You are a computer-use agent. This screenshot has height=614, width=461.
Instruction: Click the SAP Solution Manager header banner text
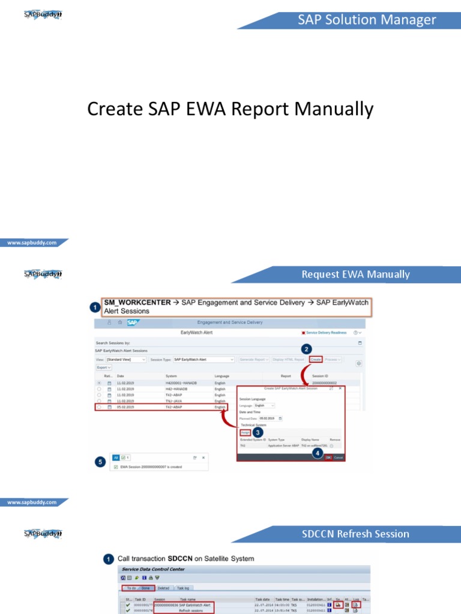(x=367, y=20)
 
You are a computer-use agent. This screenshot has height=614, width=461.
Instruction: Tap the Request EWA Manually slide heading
(x=355, y=275)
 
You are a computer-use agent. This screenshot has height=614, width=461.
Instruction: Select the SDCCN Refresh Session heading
(x=357, y=534)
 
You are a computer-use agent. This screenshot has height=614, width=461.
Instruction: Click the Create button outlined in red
(x=316, y=359)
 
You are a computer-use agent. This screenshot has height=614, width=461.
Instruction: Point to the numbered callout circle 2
(x=307, y=348)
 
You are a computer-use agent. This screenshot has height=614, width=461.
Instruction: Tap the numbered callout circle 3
(x=258, y=432)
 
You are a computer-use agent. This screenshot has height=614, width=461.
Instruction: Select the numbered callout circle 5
(x=100, y=462)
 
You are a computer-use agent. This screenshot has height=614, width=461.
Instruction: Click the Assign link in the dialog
(x=245, y=432)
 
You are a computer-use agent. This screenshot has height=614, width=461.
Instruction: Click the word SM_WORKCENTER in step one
(x=137, y=303)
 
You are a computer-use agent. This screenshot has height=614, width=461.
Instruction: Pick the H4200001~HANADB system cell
(x=182, y=383)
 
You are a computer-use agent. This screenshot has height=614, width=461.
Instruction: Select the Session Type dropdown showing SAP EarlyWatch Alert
(x=203, y=359)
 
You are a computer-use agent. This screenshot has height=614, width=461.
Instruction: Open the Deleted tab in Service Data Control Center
(x=163, y=588)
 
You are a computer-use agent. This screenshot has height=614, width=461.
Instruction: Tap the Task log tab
(x=182, y=588)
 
